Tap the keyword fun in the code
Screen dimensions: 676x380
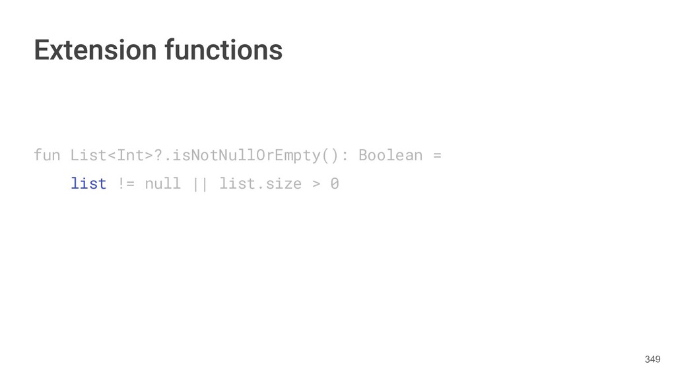[47, 156]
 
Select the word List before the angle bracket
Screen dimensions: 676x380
[88, 156]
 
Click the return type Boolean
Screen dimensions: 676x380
[390, 156]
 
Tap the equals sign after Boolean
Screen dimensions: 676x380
[436, 156]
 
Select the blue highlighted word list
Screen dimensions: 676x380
[88, 183]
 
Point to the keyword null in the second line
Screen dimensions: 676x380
[162, 183]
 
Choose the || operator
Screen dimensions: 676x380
[199, 183]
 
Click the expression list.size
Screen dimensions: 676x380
[259, 183]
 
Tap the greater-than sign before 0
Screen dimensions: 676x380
[316, 183]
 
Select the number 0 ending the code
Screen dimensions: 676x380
[335, 183]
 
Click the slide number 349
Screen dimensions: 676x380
[652, 360]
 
